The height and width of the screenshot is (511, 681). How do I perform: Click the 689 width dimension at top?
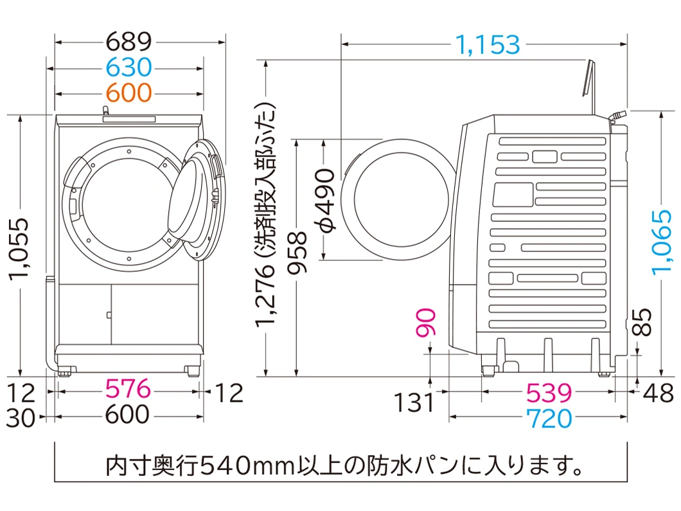pos(129,42)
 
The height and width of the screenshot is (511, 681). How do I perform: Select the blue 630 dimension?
pos(129,67)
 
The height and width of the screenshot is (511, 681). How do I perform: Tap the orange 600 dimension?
pos(129,93)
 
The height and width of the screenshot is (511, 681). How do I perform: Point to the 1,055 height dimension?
pos(20,248)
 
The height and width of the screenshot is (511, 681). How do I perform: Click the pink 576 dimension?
pos(128,388)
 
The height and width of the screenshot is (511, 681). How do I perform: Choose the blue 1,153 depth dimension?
pos(488,44)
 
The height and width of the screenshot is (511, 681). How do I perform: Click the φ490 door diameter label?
pos(325,201)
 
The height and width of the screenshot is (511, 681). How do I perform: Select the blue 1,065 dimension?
pos(662,242)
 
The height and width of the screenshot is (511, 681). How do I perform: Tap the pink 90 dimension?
pos(425,323)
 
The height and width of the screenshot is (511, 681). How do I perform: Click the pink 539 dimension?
pos(549,393)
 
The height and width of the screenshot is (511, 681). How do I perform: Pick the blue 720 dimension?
pos(549,418)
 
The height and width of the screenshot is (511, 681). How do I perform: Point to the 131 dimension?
pos(414,402)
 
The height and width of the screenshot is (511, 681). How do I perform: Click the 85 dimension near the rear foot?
pos(642,322)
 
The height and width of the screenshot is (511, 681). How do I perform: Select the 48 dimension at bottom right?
pos(659,393)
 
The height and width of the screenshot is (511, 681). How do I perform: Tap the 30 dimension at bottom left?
pos(21,418)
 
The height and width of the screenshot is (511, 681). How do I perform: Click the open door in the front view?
pos(197,200)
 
